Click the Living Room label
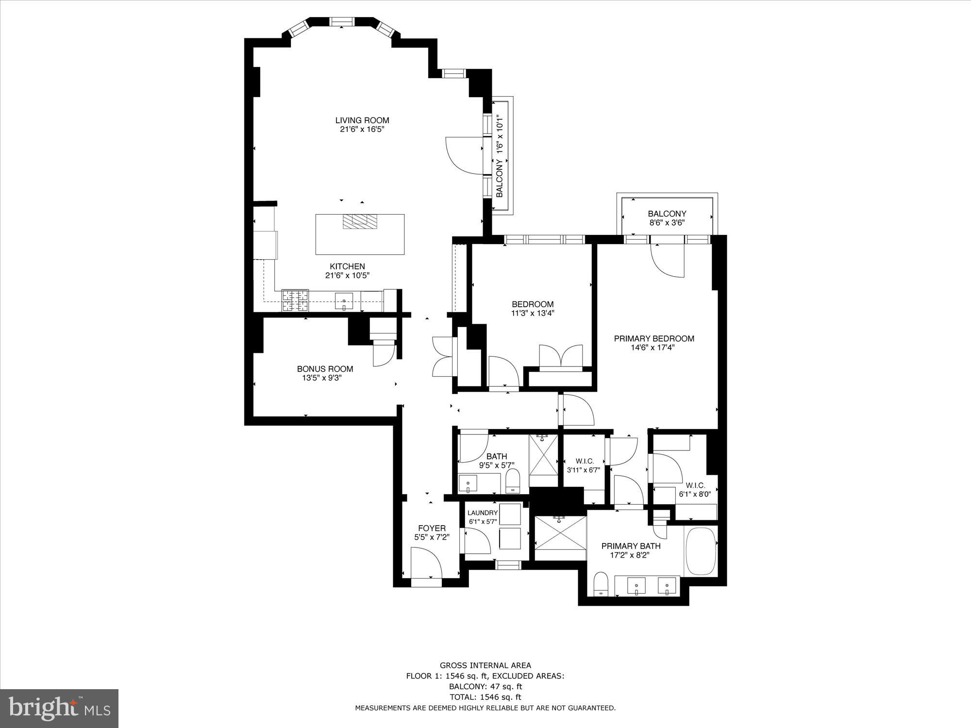click(x=362, y=120)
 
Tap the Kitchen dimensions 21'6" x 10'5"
click(x=348, y=276)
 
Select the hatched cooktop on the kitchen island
click(x=360, y=222)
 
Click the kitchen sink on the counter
click(x=344, y=301)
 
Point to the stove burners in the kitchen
click(x=295, y=300)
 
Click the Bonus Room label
click(x=325, y=369)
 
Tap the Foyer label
click(x=432, y=528)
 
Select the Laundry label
click(x=482, y=513)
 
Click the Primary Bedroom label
click(x=654, y=339)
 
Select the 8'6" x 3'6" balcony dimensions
click(x=667, y=223)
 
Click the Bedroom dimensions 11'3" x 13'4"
click(x=533, y=314)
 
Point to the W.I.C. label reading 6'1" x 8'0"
click(x=698, y=494)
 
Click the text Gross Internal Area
click(x=485, y=665)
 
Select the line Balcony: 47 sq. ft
click(x=485, y=687)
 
